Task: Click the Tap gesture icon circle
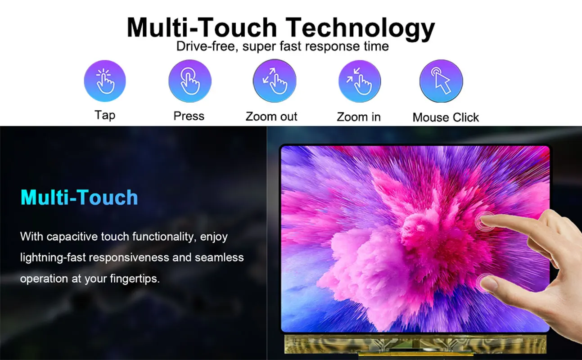(x=105, y=81)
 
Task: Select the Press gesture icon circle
(x=190, y=81)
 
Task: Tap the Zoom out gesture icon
(x=275, y=81)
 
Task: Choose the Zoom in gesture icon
(x=360, y=81)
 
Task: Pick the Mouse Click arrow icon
(x=441, y=81)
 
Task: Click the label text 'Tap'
(x=105, y=115)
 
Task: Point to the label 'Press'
(x=189, y=116)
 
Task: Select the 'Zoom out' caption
(x=271, y=117)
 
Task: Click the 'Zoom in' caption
(x=359, y=117)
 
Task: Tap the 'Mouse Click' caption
(x=446, y=117)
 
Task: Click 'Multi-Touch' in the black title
(x=202, y=27)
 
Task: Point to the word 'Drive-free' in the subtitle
(x=207, y=46)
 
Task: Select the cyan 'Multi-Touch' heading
(x=79, y=198)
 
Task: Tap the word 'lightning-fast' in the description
(x=53, y=258)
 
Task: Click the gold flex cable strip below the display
(x=415, y=344)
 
